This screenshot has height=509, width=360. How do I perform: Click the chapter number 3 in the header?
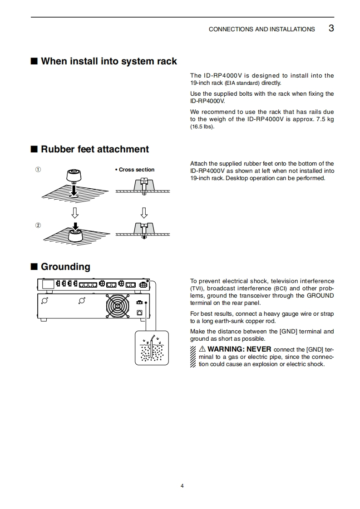(x=331, y=28)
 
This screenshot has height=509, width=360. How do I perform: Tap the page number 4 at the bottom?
(x=182, y=486)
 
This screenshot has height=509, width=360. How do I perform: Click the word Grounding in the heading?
(x=65, y=267)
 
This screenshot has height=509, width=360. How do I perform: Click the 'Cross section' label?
(x=135, y=170)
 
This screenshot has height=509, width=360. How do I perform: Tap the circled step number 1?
(x=38, y=170)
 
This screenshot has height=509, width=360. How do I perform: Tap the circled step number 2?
(x=38, y=225)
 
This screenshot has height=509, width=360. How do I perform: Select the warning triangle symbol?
(x=202, y=349)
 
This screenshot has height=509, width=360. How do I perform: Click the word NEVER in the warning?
(x=259, y=349)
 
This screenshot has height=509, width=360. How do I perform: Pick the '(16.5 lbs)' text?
(x=202, y=127)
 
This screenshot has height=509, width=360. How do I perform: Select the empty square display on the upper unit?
(x=48, y=284)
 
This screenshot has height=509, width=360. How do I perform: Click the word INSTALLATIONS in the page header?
(x=292, y=29)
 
